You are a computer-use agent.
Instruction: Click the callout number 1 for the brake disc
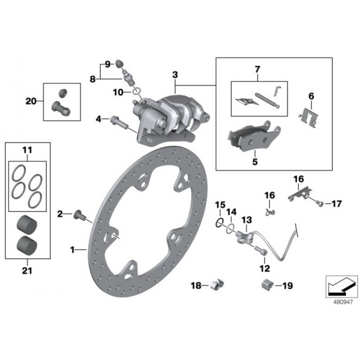tap(73, 250)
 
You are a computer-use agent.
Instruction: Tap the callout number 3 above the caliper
tap(175, 75)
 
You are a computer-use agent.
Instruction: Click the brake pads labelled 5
tap(254, 136)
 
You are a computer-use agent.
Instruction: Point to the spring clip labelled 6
tap(309, 118)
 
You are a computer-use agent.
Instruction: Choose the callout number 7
tap(257, 69)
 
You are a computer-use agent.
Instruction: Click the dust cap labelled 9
tap(119, 63)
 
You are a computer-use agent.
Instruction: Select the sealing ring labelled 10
tap(136, 91)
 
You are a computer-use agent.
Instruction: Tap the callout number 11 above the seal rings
tap(27, 150)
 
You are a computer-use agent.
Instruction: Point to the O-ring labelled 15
tap(220, 223)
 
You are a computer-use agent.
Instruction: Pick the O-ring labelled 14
tap(231, 229)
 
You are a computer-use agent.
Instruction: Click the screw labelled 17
tap(319, 203)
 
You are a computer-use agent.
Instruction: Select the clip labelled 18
tap(217, 285)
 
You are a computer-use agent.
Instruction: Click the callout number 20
tap(31, 101)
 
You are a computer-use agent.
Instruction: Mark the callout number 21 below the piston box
tap(27, 271)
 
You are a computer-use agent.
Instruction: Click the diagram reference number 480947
tap(343, 302)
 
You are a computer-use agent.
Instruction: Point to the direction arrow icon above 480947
tap(341, 287)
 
